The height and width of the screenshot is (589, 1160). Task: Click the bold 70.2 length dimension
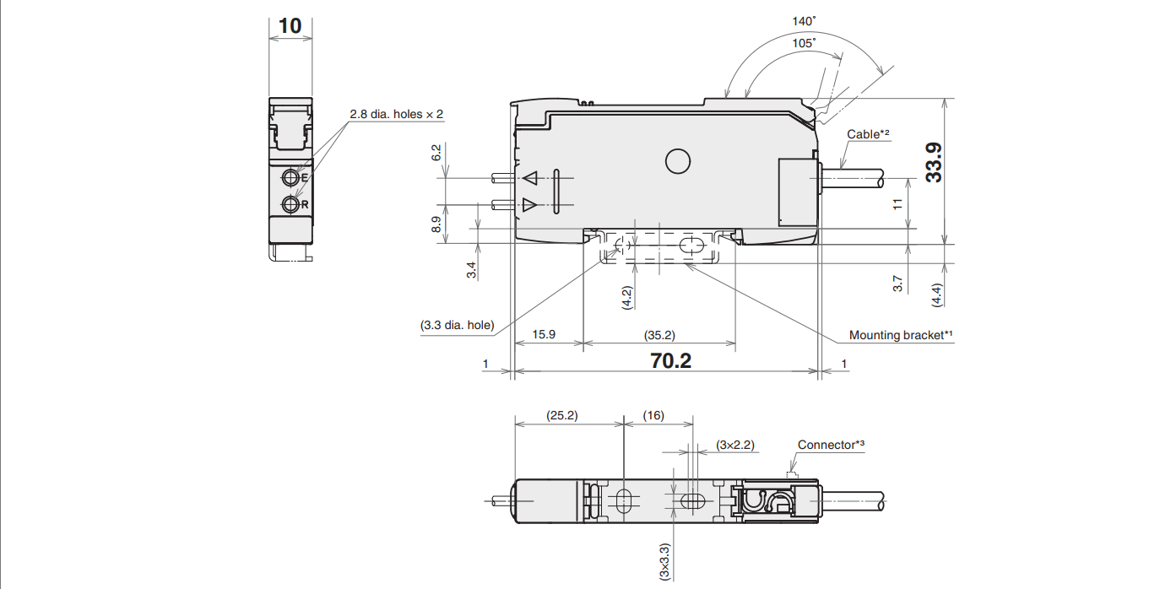tap(671, 361)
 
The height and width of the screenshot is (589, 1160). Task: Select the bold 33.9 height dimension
tap(934, 163)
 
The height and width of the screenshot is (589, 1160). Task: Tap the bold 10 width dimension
tap(290, 25)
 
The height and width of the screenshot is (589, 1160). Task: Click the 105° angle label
tap(781, 42)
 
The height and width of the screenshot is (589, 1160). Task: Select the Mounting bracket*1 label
tap(901, 335)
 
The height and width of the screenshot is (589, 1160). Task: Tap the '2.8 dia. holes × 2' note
tap(397, 114)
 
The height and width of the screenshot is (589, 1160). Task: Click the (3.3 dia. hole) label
tap(457, 325)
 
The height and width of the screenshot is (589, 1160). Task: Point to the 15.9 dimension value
tap(545, 334)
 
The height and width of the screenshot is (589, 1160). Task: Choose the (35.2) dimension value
tap(659, 334)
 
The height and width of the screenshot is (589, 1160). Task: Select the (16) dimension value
tap(653, 415)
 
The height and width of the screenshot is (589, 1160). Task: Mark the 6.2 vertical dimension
tap(436, 153)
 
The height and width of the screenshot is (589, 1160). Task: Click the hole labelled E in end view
tap(291, 177)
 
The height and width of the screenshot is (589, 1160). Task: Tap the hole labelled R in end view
tap(291, 204)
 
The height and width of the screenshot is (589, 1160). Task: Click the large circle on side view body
tap(677, 160)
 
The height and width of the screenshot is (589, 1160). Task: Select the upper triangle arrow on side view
tap(530, 178)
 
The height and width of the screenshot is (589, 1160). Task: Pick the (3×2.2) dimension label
tap(734, 444)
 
